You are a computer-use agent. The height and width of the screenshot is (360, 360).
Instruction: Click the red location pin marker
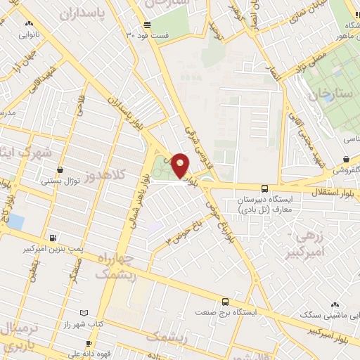(x=180, y=166)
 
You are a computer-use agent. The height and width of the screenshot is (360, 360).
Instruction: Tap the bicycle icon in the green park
(x=162, y=169)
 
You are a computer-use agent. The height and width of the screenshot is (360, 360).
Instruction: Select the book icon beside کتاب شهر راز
(x=84, y=312)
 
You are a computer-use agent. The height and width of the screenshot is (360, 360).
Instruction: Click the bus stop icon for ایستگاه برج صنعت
(x=225, y=298)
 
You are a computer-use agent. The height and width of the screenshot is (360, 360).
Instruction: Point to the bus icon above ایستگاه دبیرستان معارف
(x=264, y=188)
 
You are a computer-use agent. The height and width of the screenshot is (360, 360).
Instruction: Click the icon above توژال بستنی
(x=60, y=169)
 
